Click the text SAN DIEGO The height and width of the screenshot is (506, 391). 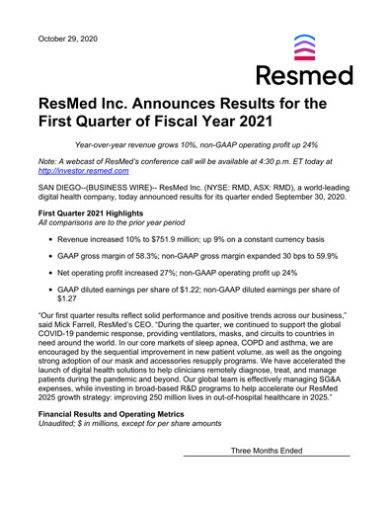point(61,187)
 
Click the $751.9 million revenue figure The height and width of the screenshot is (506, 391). point(179,239)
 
